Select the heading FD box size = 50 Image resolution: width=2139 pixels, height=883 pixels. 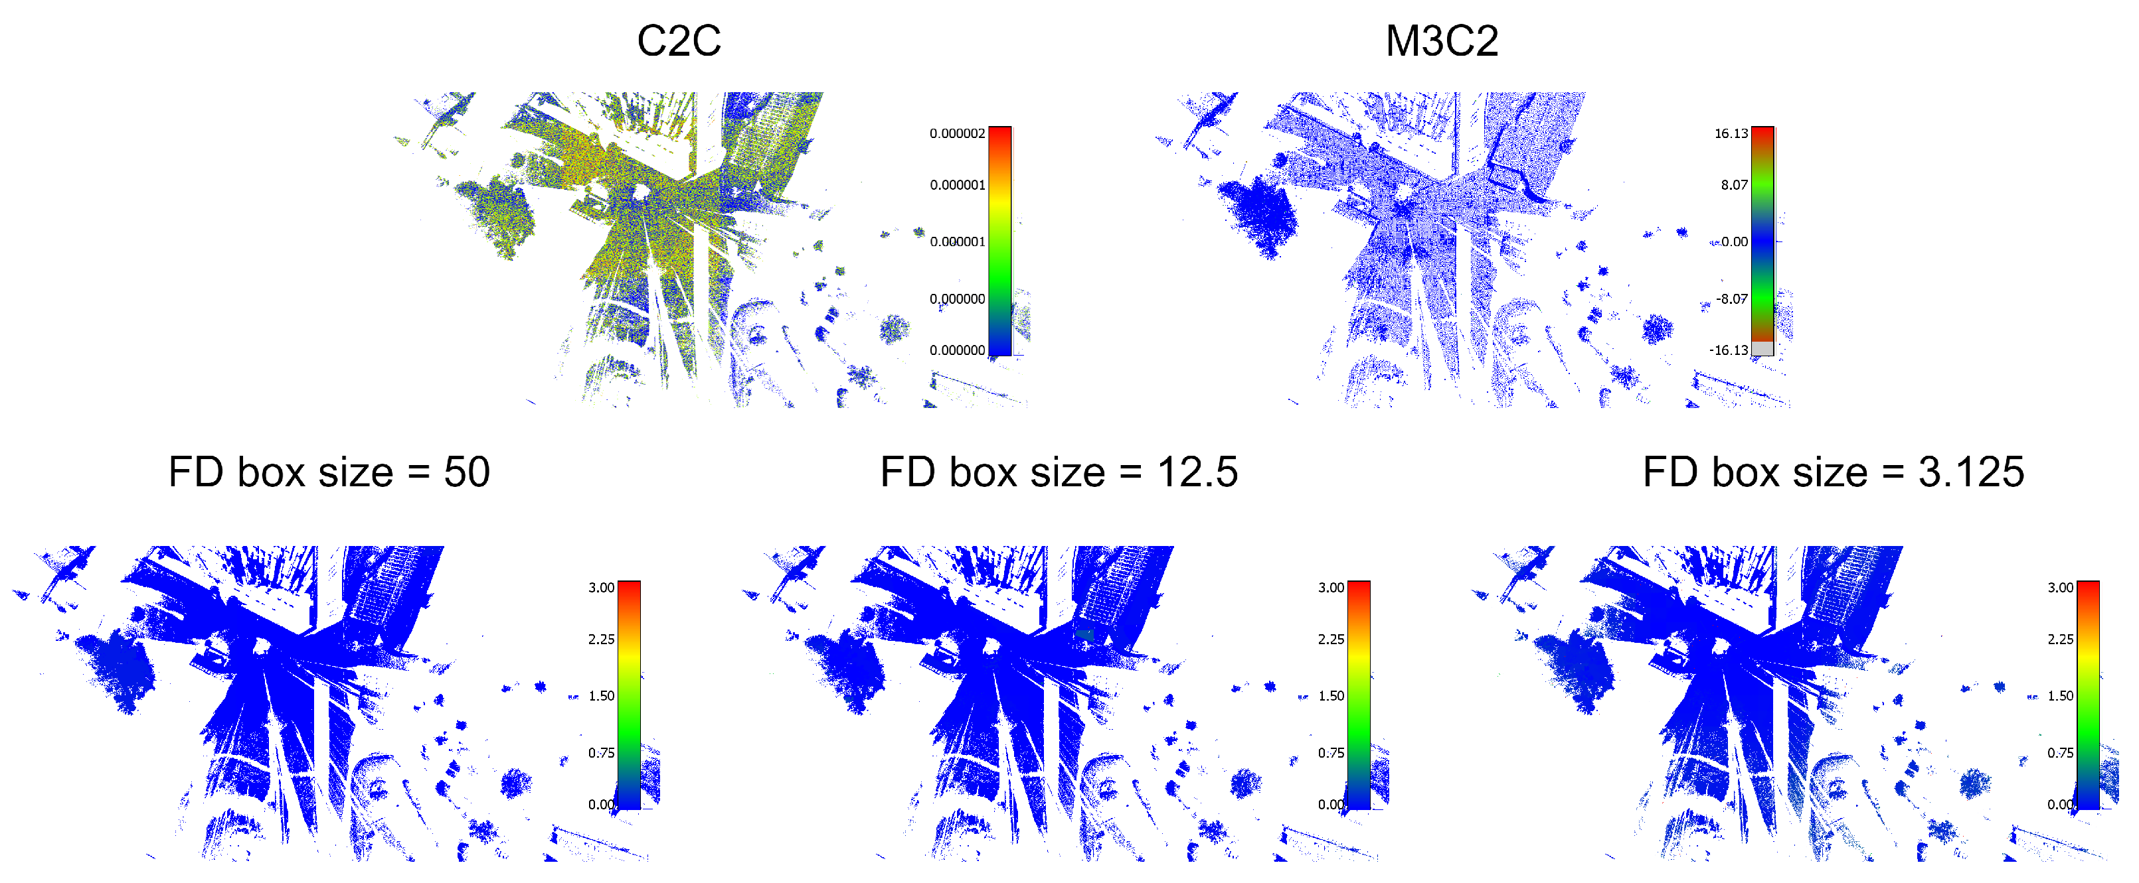pos(329,472)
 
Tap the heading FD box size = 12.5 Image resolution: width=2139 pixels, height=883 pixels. pos(1059,472)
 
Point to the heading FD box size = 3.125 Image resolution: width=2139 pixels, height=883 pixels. pos(1834,472)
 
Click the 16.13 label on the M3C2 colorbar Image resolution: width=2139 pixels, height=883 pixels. pos(1731,133)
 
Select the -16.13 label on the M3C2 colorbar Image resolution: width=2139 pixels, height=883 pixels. pos(1728,350)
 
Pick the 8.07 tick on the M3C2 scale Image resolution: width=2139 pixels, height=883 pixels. pos(1734,185)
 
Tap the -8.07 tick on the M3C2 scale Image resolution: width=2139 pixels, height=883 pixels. pos(1732,299)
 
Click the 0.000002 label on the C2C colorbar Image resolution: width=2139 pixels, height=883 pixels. pos(956,133)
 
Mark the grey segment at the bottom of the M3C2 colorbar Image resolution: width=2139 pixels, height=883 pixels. pos(1762,348)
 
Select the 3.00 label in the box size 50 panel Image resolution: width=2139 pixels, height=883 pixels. pos(601,588)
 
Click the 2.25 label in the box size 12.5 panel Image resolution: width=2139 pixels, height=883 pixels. pos(1331,639)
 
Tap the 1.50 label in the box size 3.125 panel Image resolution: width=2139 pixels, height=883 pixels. pos(2060,695)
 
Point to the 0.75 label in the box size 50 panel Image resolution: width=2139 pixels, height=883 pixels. pos(601,753)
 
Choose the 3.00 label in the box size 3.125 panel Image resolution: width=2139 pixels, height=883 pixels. pos(2060,588)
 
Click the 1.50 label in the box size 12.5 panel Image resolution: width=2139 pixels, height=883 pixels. pos(1331,695)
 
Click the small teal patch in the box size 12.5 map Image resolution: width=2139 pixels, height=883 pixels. pos(1084,635)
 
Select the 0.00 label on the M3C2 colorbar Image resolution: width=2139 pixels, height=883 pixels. pos(1734,241)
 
